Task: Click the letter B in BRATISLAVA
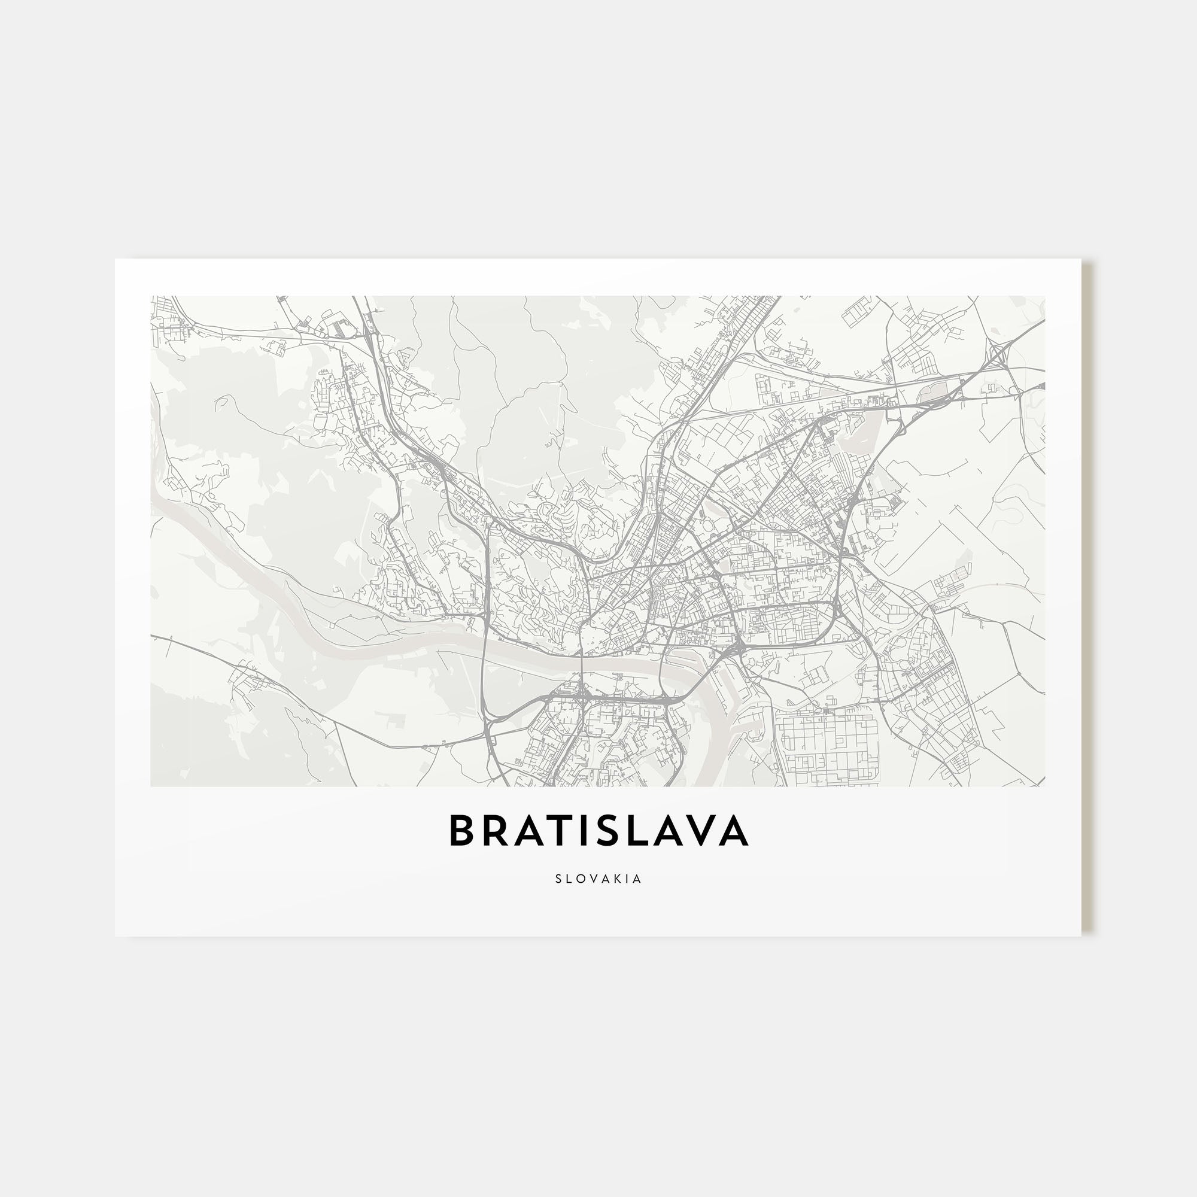point(461,831)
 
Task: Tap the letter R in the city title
point(494,831)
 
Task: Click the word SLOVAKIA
point(598,879)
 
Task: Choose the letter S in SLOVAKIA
point(559,879)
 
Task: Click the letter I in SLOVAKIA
point(630,879)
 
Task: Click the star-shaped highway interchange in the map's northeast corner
point(997,354)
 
